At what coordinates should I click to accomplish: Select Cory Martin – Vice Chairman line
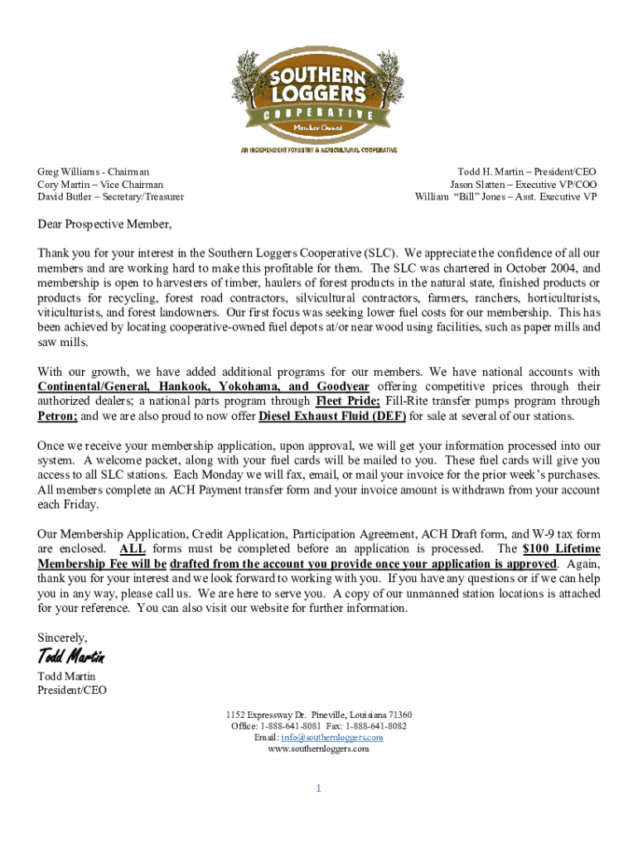tap(100, 185)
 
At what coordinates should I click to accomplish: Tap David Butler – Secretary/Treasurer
tap(110, 197)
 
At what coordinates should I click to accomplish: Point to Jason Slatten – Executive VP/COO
tap(523, 185)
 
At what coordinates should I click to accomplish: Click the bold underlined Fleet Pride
tap(342, 401)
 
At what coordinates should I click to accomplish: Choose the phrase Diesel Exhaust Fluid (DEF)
tap(332, 416)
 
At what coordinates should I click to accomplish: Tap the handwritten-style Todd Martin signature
tap(71, 658)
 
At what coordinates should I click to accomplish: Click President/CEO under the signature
tap(72, 690)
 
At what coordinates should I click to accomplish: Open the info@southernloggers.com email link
tap(331, 737)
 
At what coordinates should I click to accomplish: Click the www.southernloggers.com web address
tap(318, 749)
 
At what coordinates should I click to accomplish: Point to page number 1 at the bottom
tap(318, 788)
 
